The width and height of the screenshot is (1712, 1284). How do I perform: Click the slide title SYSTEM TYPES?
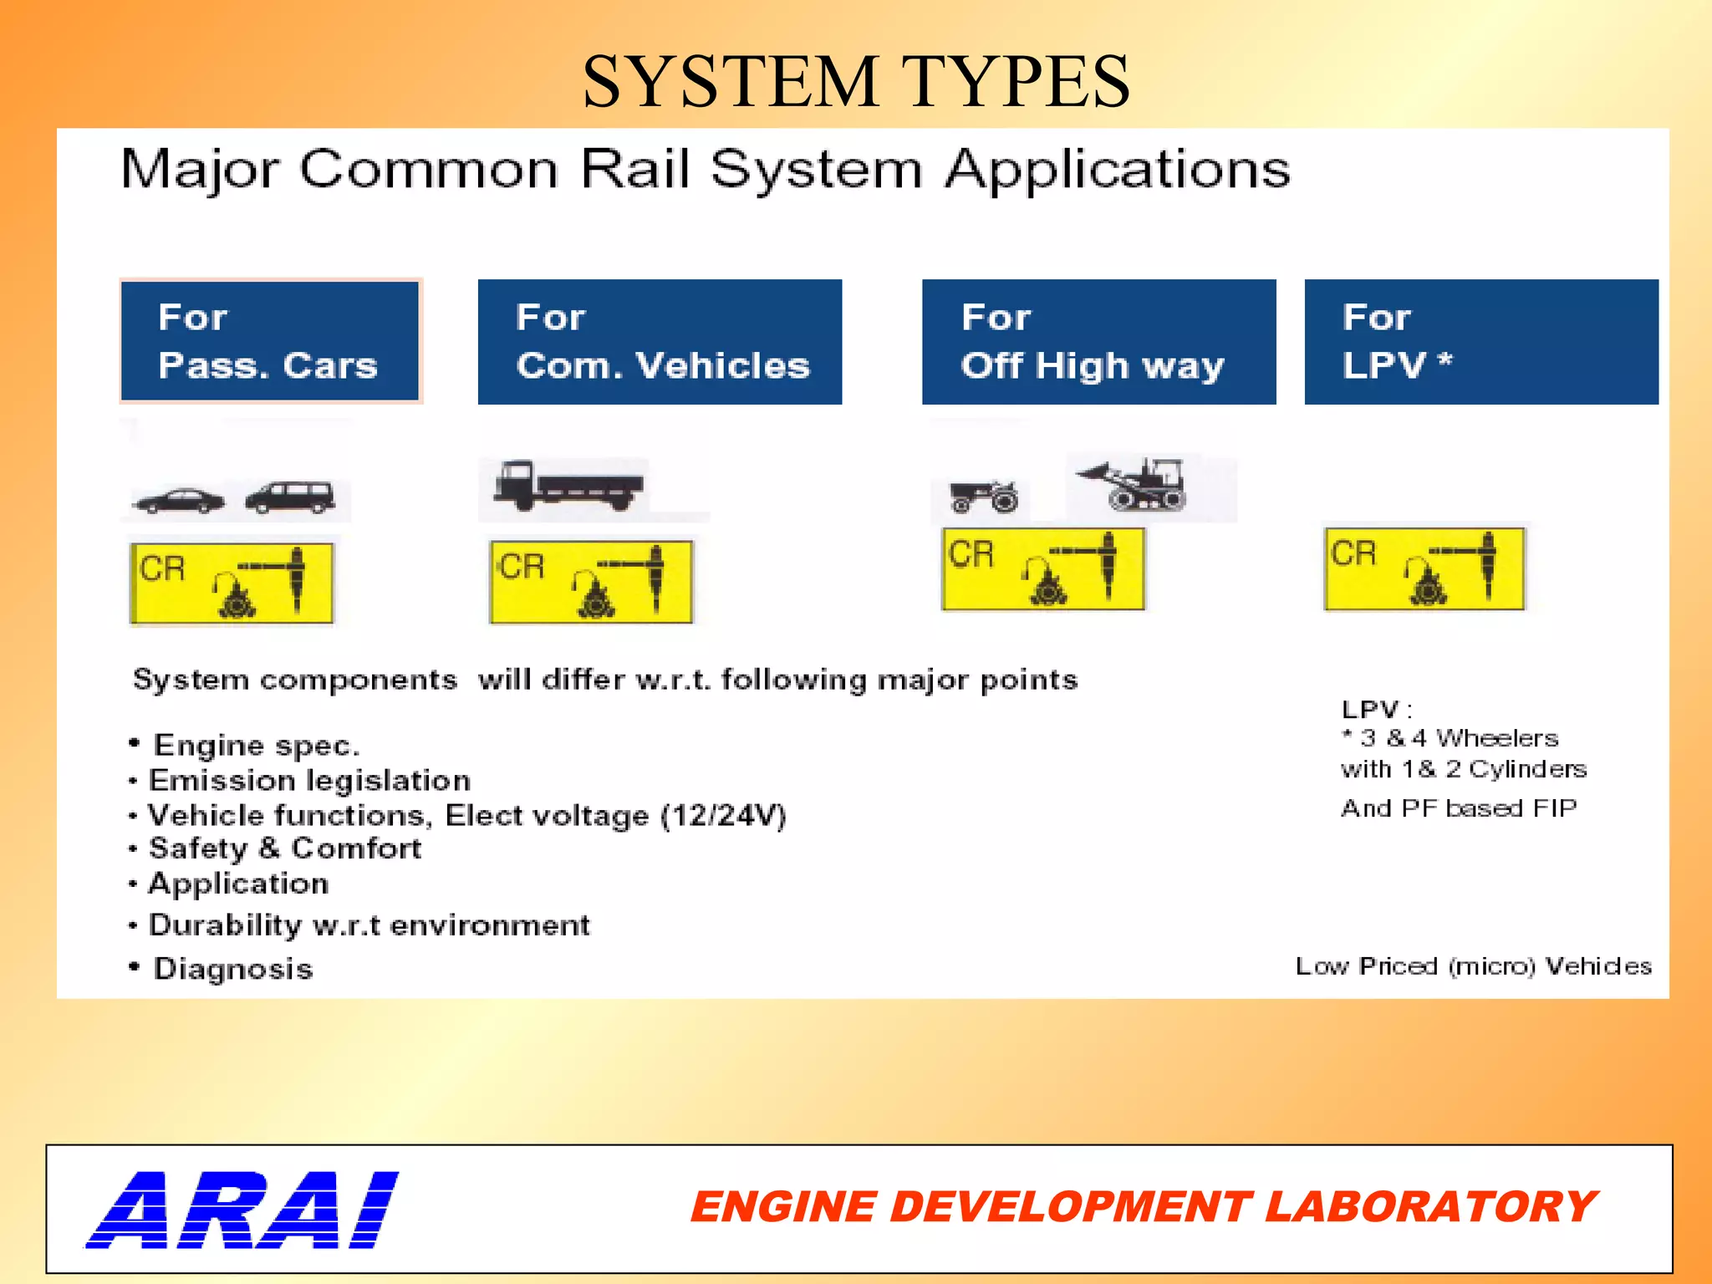point(856,81)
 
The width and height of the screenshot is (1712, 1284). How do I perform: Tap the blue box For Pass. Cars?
point(270,341)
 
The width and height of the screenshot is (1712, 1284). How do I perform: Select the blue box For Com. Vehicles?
point(660,341)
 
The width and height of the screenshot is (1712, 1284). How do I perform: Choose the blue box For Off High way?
point(1098,341)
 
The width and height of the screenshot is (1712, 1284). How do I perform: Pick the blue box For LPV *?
point(1480,341)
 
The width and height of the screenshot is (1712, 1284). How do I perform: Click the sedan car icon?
point(179,500)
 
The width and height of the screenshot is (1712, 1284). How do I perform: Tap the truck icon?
point(568,485)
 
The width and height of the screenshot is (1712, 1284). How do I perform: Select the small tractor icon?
point(984,496)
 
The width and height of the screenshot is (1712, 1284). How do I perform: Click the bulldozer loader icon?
point(1135,484)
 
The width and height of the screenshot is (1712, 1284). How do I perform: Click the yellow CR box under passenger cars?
point(232,583)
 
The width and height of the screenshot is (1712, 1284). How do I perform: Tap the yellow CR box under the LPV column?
point(1424,568)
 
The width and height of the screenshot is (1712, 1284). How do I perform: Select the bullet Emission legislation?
point(308,781)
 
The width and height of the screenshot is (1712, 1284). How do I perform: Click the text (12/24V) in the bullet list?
point(723,815)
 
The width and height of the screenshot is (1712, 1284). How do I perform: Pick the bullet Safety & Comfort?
point(284,848)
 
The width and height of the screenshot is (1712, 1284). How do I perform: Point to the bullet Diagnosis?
point(232,969)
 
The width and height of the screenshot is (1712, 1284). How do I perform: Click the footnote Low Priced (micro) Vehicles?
point(1473,966)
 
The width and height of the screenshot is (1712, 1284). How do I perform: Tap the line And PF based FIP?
point(1459,808)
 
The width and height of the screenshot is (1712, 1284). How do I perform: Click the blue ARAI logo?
point(242,1210)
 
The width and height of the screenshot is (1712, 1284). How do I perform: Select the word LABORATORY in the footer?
point(1429,1207)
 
